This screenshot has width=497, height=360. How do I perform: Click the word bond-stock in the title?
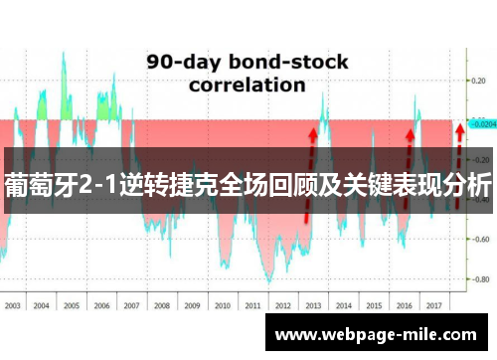[287, 62]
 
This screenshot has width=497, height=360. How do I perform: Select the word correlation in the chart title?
[247, 85]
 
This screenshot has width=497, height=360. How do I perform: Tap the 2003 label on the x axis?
[14, 278]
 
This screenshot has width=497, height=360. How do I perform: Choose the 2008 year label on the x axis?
[162, 278]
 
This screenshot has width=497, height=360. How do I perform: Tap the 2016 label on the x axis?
[403, 278]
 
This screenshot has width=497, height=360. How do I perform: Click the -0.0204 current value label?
[482, 125]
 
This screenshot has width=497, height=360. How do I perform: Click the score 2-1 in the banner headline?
[106, 185]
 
